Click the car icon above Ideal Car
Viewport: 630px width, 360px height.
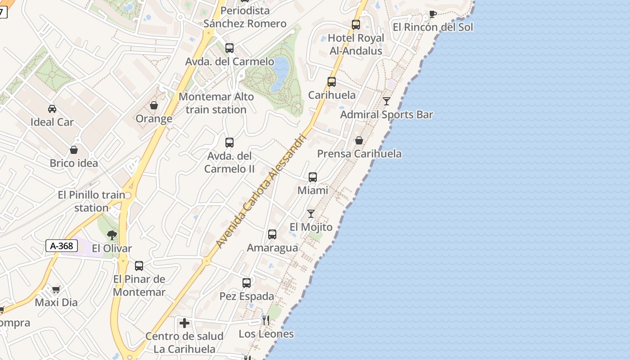pyautogui.click(x=52, y=109)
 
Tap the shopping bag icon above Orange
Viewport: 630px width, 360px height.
pyautogui.click(x=154, y=105)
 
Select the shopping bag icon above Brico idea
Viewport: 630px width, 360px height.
pyautogui.click(x=74, y=150)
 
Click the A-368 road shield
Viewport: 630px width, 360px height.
pyautogui.click(x=62, y=246)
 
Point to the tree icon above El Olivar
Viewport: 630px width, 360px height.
pyautogui.click(x=112, y=235)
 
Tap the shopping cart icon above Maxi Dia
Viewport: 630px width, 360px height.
pyautogui.click(x=56, y=289)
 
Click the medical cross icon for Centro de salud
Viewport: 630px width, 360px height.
pyautogui.click(x=184, y=323)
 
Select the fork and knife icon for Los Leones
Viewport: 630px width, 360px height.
pyautogui.click(x=266, y=320)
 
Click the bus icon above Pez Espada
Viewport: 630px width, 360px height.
pyautogui.click(x=247, y=283)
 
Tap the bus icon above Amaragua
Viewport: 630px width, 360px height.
pyautogui.click(x=272, y=234)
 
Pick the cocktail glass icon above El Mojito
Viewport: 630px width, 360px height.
pyautogui.click(x=311, y=214)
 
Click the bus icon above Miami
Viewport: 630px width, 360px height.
pyautogui.click(x=313, y=177)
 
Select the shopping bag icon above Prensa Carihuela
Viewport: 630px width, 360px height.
pyautogui.click(x=359, y=141)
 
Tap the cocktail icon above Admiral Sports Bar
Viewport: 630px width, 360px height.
pyautogui.click(x=387, y=101)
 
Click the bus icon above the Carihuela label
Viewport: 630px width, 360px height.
pyautogui.click(x=332, y=82)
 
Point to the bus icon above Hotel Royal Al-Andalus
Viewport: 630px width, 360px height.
pyautogui.click(x=356, y=25)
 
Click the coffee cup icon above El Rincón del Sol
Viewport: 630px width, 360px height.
pyautogui.click(x=432, y=14)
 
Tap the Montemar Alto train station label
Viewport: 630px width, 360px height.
pyautogui.click(x=216, y=103)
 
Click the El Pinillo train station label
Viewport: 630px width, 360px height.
pyautogui.click(x=91, y=201)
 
